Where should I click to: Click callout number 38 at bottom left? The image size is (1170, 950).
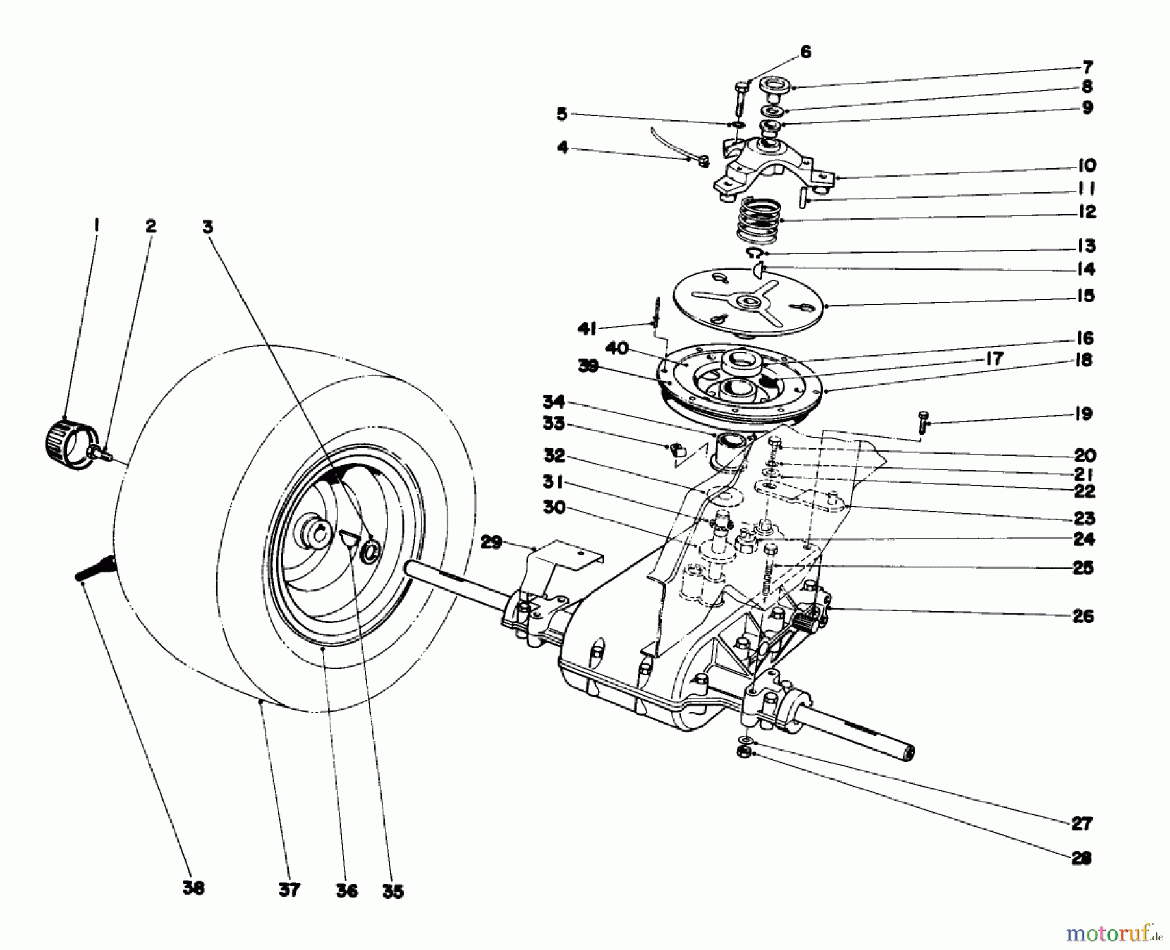point(194,888)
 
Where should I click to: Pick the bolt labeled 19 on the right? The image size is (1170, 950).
point(923,421)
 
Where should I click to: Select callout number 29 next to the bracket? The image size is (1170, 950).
point(491,541)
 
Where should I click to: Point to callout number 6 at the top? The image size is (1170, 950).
point(805,52)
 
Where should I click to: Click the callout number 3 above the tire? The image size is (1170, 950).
point(207,227)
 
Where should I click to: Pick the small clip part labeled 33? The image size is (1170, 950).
point(676,447)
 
